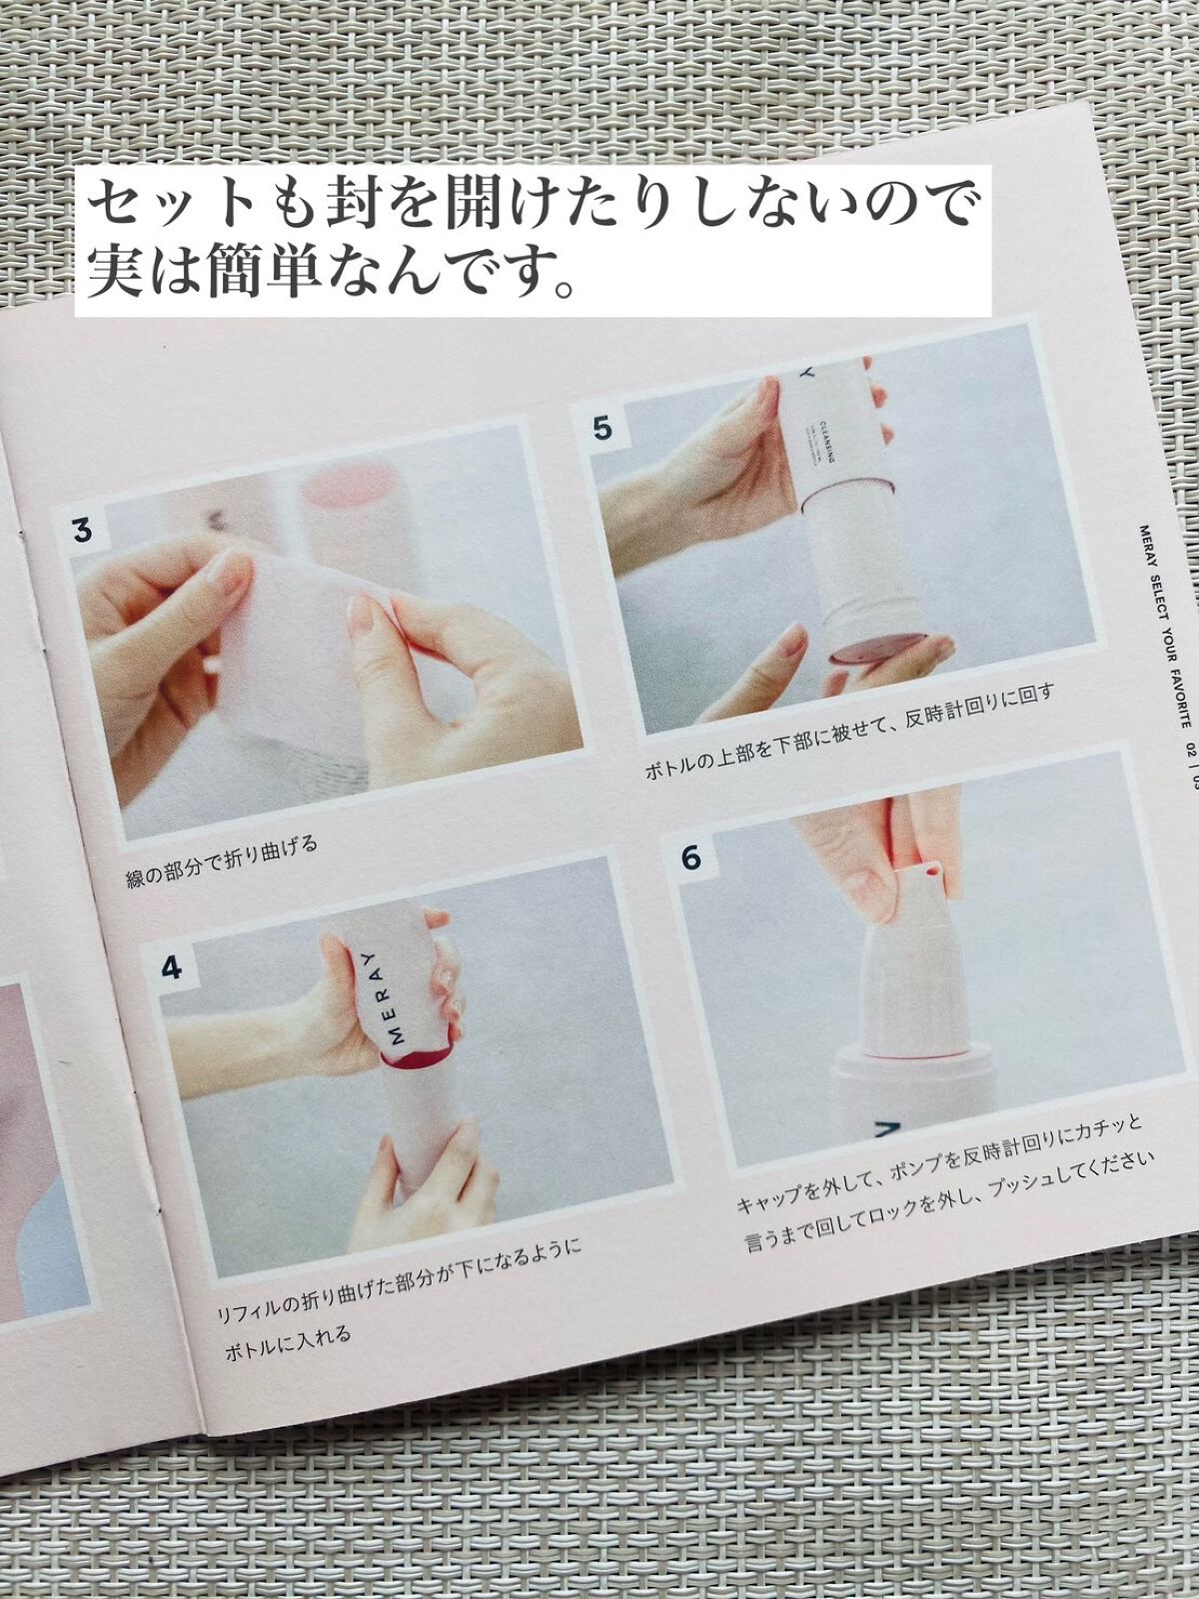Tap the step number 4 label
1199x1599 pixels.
pos(172,967)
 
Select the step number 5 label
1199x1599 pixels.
pos(601,428)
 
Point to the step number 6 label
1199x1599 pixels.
pos(691,857)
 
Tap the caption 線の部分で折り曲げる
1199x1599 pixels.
pos(222,860)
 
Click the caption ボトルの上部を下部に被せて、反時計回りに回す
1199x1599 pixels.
pos(849,732)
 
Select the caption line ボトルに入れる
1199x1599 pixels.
pos(288,1343)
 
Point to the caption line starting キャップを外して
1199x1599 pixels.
pos(939,1164)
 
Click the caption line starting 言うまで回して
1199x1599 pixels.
pos(949,1199)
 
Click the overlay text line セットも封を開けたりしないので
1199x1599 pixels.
pos(530,205)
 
